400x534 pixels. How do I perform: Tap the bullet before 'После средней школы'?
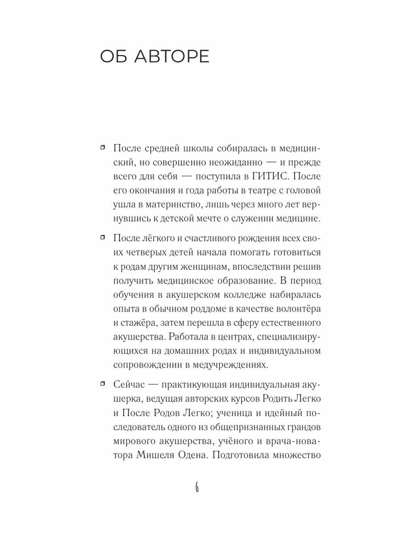(103, 147)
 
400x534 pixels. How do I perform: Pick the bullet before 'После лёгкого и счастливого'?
(103, 238)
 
